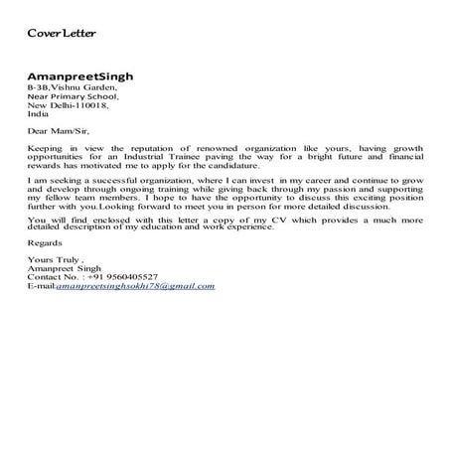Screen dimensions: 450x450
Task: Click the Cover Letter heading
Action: (x=61, y=34)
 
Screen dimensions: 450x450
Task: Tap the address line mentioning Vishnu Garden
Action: (x=72, y=87)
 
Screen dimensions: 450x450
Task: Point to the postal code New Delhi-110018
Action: (x=66, y=104)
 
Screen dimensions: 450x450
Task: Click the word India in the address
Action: (x=37, y=113)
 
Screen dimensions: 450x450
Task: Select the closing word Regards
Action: (x=45, y=242)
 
